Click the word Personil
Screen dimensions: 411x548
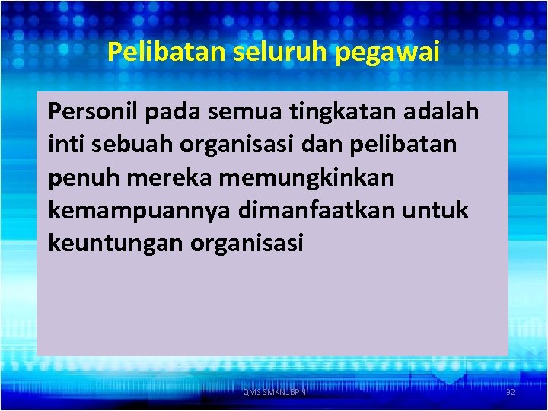92,113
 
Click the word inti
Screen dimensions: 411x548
62,145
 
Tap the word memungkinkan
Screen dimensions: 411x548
304,177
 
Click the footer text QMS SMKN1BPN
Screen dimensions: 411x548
274,392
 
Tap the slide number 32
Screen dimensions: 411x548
511,392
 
